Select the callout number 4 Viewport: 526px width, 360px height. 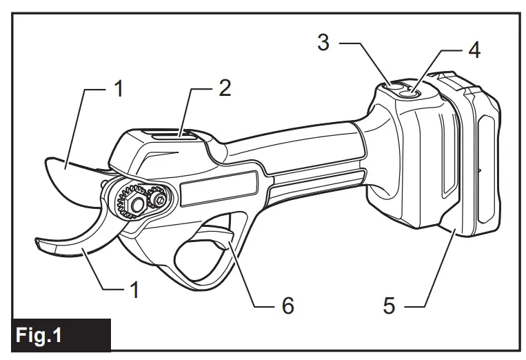tap(474, 50)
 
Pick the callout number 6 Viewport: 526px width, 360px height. tap(287, 304)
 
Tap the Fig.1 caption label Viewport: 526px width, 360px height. tap(40, 337)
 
